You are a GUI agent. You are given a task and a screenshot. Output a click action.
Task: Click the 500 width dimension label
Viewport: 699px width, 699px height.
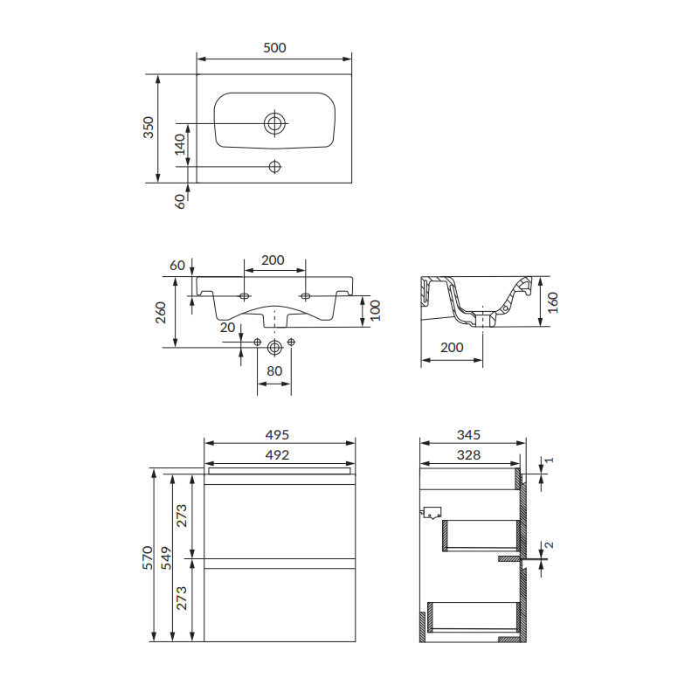(x=274, y=48)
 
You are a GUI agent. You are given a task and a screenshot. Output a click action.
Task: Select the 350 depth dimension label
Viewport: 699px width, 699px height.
(x=149, y=127)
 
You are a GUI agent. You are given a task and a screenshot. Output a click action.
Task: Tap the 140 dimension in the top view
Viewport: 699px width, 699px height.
(x=180, y=144)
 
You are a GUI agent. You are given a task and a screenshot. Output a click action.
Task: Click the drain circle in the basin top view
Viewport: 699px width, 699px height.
(x=274, y=123)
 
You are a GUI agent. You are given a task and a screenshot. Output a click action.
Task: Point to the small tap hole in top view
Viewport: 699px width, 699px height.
(x=274, y=167)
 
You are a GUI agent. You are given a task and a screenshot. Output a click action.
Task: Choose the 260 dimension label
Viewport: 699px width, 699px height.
(x=161, y=313)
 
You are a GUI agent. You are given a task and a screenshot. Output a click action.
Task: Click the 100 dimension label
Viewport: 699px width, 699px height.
(x=376, y=310)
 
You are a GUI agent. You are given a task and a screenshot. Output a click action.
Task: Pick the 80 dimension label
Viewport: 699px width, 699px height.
(x=274, y=370)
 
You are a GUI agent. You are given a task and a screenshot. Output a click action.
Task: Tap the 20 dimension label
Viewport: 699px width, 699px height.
(x=227, y=328)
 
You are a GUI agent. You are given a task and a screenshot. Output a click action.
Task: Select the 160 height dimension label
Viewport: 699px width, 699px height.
(x=553, y=302)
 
